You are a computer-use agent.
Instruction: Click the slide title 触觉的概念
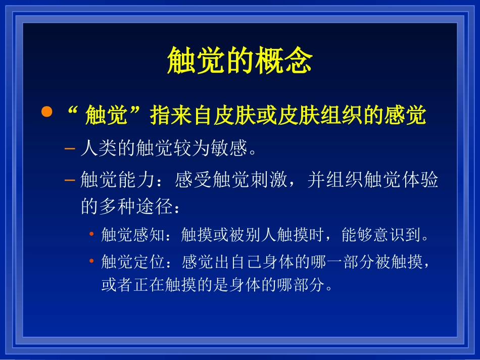tap(240, 62)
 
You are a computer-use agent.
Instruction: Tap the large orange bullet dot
tap(46, 112)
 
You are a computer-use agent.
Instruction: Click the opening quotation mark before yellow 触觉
tap(72, 112)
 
